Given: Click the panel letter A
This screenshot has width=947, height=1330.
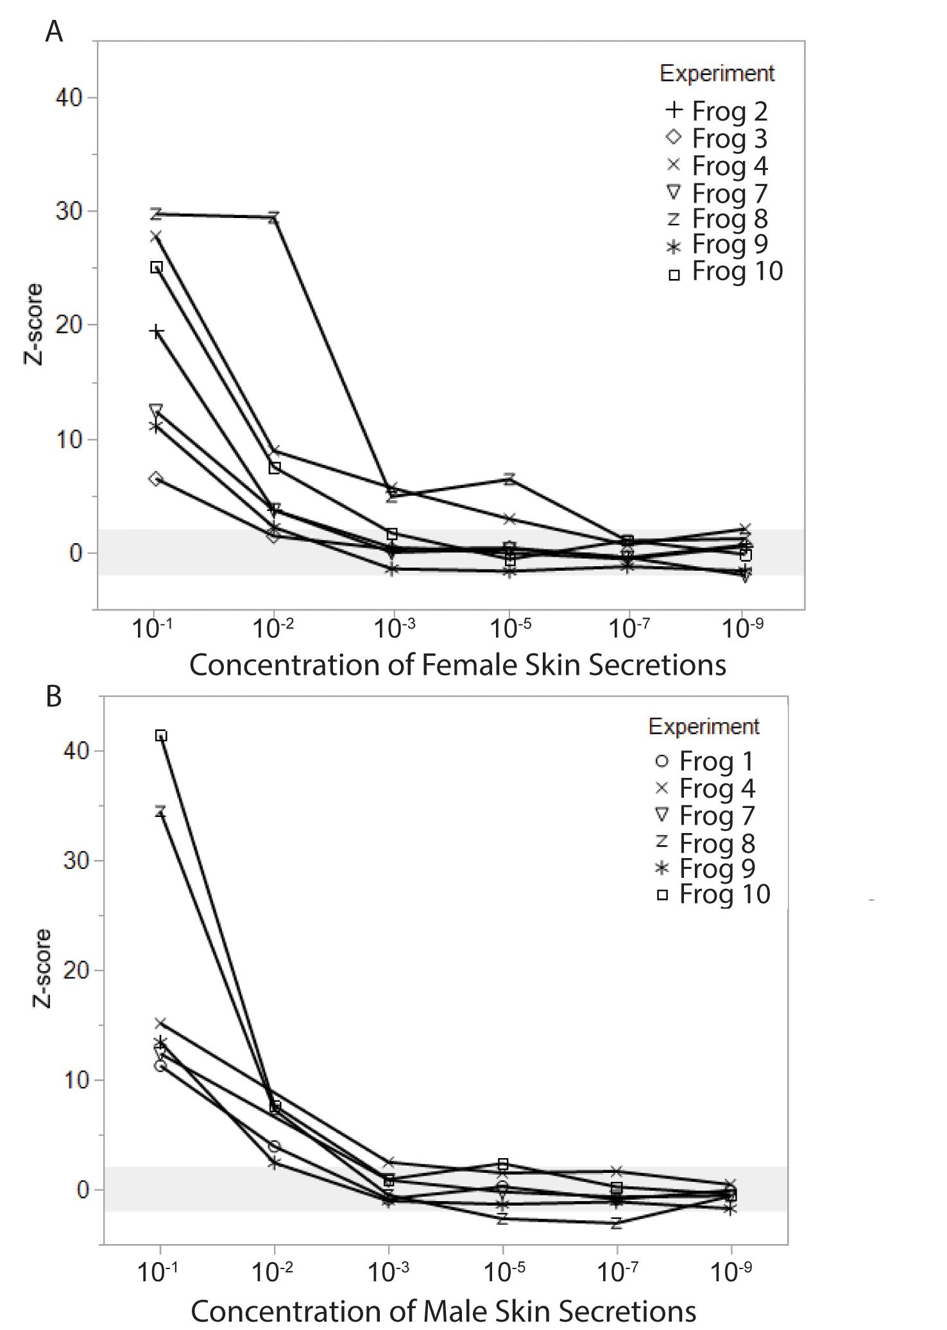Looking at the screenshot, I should click(55, 31).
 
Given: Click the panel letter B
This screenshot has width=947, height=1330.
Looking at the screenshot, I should click(54, 696).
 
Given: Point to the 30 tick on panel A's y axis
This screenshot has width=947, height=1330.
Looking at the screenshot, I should click(69, 212).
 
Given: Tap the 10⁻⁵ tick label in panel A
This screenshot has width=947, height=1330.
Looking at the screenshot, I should click(510, 629).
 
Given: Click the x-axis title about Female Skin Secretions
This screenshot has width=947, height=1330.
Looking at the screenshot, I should click(457, 665).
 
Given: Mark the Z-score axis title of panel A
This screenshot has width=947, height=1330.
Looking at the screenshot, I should click(33, 324).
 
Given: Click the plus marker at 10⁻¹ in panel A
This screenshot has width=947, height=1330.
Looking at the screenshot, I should click(157, 332).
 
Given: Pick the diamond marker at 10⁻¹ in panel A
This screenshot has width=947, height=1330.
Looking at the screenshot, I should click(156, 479).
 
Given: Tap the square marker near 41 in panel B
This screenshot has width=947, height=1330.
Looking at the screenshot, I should click(162, 736).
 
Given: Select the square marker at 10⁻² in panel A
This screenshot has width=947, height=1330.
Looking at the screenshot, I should click(275, 467).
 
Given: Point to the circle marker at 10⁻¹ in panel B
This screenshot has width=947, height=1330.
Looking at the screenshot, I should click(160, 1066).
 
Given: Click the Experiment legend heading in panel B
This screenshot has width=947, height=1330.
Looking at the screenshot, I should click(704, 727).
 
